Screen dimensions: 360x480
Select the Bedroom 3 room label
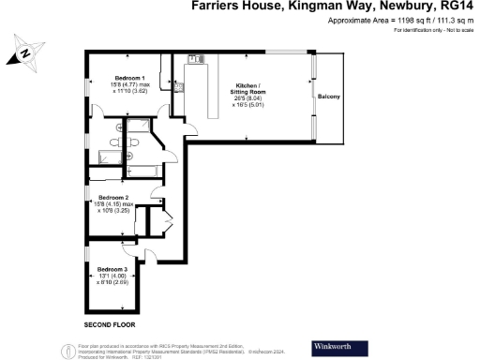click(x=112, y=270)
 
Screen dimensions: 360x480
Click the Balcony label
click(x=328, y=97)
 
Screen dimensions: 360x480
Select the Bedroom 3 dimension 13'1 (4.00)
click(x=112, y=276)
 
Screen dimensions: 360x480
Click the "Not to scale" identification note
click(x=424, y=32)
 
